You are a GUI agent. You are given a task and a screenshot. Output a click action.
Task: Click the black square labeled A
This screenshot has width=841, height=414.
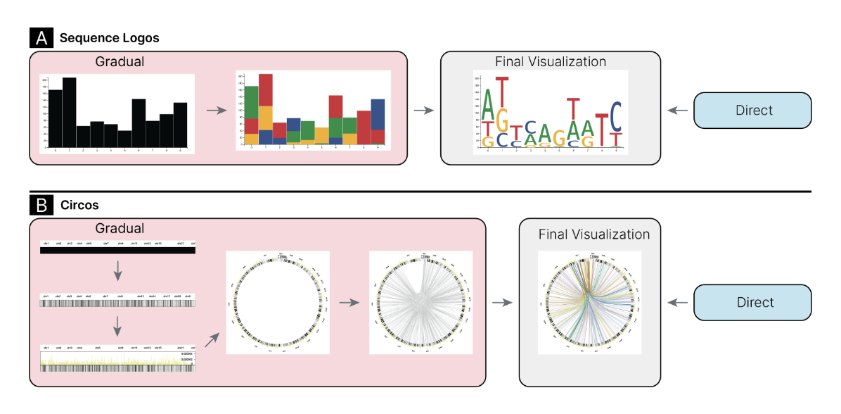(41, 38)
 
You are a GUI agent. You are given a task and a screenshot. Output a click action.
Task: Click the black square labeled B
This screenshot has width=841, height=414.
(41, 206)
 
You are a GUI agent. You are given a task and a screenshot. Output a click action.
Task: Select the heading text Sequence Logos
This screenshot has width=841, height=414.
(109, 38)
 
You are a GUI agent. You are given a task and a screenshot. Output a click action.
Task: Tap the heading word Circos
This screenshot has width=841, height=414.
(79, 206)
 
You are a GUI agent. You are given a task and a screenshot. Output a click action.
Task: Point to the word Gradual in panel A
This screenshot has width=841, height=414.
(120, 62)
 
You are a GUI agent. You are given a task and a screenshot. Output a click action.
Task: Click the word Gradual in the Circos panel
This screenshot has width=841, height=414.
(120, 228)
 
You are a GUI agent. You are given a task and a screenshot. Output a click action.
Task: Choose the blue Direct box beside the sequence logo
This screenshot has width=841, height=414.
(752, 110)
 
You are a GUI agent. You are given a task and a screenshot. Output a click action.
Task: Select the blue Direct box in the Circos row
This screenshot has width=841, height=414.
(752, 302)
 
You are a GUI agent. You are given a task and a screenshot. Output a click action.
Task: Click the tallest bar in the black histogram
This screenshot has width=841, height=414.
(69, 113)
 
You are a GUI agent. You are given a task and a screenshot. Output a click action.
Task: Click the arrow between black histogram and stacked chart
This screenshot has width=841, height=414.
(216, 110)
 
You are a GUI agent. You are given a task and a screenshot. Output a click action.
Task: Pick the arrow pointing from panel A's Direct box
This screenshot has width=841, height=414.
(677, 110)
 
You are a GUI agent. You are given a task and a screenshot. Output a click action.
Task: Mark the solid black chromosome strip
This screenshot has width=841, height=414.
(117, 250)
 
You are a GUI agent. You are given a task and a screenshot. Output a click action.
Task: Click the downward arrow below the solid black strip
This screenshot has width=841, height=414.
(118, 270)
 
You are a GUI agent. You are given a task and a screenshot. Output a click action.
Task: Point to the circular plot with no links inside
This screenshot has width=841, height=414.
(278, 303)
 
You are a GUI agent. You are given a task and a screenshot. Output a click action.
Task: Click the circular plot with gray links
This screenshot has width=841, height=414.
(420, 303)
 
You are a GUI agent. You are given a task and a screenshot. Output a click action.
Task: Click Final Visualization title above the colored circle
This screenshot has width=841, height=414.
(594, 234)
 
